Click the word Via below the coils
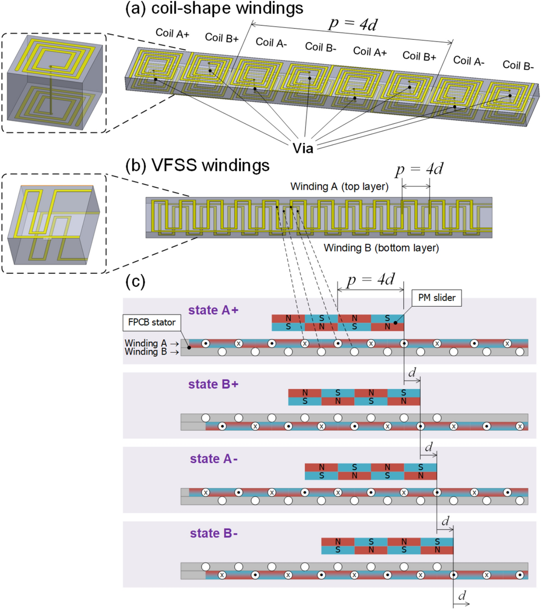click(303, 148)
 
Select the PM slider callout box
click(436, 298)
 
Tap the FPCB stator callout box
click(151, 322)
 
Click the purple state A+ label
click(213, 311)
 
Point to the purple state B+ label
click(213, 384)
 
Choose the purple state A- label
click(214, 459)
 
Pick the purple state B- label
click(214, 533)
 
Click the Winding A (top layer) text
click(339, 187)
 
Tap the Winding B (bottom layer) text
click(381, 248)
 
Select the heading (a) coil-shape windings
click(214, 8)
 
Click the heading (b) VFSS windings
click(198, 166)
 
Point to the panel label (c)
click(135, 282)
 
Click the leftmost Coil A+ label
click(172, 33)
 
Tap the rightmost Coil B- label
click(518, 66)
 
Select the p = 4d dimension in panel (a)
click(353, 24)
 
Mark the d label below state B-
click(462, 595)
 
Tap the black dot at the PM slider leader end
click(396, 323)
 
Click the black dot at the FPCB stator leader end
click(189, 348)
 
